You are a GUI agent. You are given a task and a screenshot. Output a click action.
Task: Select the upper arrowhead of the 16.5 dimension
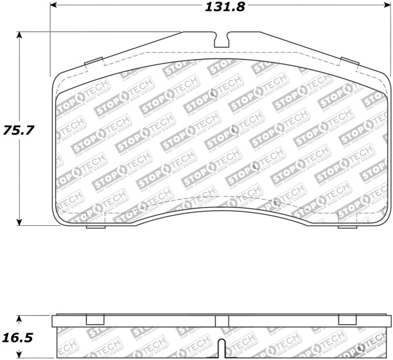pos(19,319)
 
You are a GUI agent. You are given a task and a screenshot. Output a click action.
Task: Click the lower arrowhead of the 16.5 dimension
pos(19,355)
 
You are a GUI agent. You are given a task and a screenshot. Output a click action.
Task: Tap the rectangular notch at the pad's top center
pos(222,40)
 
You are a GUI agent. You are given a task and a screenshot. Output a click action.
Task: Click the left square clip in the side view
pos(95,320)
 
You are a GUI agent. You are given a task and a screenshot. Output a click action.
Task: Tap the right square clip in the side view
pos(347,320)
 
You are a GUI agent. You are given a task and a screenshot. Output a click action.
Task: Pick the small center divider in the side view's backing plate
pos(222,321)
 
